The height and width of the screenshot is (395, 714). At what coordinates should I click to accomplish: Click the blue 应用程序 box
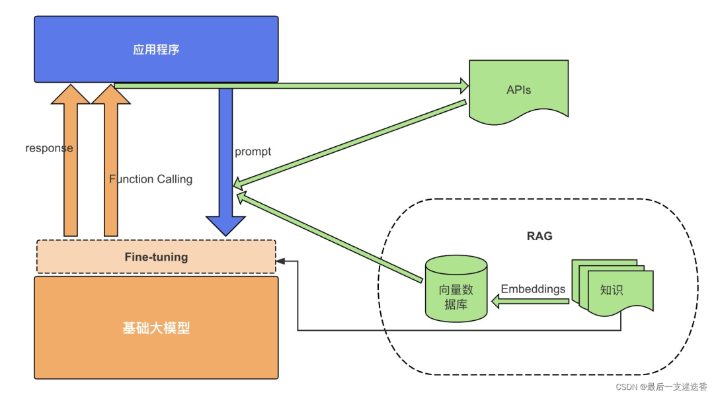click(156, 50)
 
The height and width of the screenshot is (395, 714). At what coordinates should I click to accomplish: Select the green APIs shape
click(518, 90)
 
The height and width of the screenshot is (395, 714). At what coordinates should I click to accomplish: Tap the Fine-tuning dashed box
click(156, 257)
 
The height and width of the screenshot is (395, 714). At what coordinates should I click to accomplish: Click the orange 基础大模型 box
click(156, 328)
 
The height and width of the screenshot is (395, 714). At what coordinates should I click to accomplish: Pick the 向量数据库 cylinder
click(456, 288)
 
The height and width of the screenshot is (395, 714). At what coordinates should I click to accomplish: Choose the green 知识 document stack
click(612, 285)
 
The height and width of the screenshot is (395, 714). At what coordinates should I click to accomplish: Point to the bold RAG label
click(539, 236)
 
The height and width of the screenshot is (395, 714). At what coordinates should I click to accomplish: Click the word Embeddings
click(533, 289)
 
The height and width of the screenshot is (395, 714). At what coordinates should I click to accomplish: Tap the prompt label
click(253, 152)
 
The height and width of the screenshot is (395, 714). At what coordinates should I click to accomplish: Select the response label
click(49, 148)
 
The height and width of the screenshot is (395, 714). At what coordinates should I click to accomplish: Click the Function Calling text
click(151, 179)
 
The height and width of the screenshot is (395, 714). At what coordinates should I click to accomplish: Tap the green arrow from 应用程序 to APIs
click(291, 85)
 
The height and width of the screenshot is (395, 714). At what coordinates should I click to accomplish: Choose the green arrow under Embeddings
click(529, 302)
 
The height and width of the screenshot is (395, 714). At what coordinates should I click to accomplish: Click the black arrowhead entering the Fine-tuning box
click(281, 261)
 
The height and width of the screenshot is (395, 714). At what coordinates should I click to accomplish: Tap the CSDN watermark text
click(661, 386)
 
